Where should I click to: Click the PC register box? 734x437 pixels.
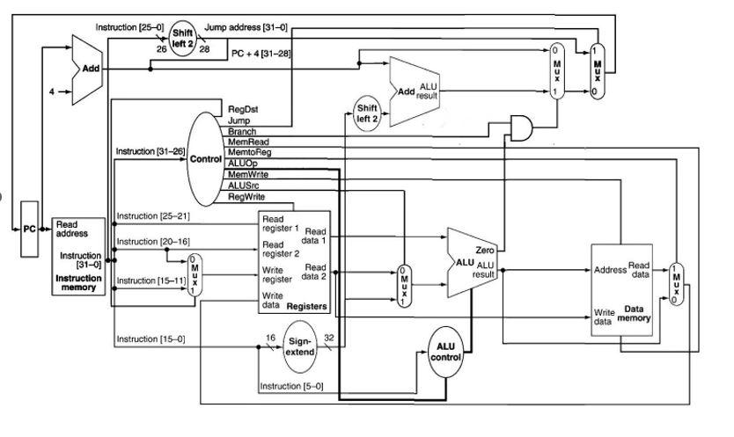[30, 229]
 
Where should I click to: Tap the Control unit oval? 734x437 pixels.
[204, 158]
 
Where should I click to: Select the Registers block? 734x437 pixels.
[293, 261]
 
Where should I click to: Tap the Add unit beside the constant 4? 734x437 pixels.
[88, 68]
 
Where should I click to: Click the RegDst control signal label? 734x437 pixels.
[243, 110]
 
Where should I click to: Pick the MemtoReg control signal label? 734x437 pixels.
[246, 153]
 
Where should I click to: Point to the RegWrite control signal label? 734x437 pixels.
[246, 197]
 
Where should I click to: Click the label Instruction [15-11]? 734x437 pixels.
[146, 280]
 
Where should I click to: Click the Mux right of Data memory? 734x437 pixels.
[675, 284]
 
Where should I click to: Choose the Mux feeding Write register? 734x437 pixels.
[193, 275]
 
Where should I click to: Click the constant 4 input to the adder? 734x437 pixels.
[50, 90]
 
